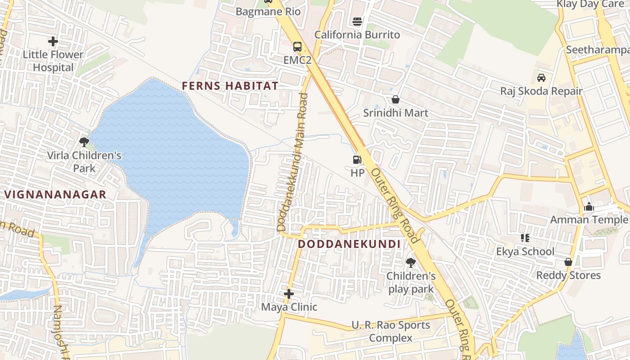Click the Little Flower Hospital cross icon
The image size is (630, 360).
(53, 41)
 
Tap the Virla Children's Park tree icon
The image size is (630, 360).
(84, 143)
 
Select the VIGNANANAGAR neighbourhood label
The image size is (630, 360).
(56, 194)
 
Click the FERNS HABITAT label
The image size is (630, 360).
(230, 85)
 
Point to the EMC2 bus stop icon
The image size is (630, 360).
(297, 46)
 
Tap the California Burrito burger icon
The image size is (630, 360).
(357, 22)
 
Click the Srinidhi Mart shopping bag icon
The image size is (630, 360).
(396, 99)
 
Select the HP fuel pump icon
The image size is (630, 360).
(357, 159)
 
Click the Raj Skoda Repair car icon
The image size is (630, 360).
(541, 78)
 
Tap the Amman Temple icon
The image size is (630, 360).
(589, 207)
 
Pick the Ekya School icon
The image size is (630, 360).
(525, 238)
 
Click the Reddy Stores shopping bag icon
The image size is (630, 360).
(568, 262)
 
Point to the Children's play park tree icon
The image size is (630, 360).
(410, 262)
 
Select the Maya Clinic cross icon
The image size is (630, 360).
(289, 294)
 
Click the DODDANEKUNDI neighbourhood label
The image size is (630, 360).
(349, 244)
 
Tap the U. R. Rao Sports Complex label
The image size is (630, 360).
(391, 331)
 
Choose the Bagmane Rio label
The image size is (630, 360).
(268, 11)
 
